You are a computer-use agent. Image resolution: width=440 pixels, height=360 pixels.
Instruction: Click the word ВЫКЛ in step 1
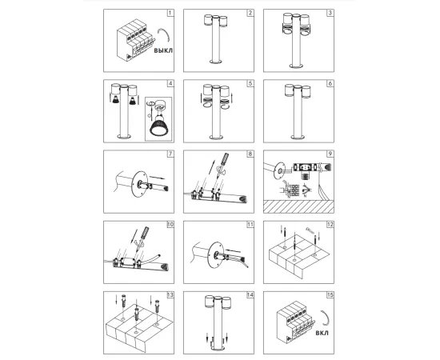(163, 50)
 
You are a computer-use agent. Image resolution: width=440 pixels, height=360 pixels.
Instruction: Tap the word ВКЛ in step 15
(322, 333)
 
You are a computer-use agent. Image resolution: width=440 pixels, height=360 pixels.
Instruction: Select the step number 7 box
(170, 154)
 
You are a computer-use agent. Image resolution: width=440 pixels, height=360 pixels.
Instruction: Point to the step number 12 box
(330, 225)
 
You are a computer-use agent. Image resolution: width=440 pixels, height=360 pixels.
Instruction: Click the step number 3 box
(330, 13)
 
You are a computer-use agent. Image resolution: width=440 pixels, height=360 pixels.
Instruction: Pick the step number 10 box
(170, 225)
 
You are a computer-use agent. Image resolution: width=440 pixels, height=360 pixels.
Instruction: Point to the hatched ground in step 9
(298, 206)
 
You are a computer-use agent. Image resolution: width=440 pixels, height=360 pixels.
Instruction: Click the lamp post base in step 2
(216, 62)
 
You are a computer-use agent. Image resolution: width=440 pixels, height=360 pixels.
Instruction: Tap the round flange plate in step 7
(140, 185)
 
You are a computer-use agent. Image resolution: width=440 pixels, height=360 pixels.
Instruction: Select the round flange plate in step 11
(216, 255)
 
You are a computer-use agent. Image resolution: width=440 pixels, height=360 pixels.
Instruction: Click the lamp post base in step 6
(298, 137)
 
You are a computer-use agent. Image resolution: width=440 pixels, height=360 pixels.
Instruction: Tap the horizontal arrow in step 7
(158, 178)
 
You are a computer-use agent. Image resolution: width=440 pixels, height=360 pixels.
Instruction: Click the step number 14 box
(250, 295)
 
